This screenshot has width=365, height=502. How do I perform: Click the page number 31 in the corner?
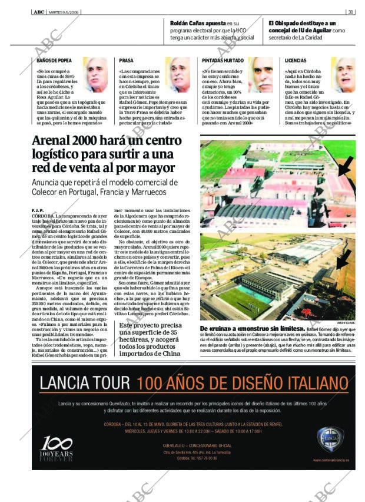(350, 11)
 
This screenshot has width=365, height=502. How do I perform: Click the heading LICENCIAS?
(296, 61)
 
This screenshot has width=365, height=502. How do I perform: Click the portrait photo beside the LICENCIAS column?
(343, 75)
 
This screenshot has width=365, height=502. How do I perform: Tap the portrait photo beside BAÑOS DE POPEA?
(94, 75)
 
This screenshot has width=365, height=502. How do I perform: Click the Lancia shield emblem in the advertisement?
(327, 440)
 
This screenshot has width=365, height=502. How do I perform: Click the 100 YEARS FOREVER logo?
(56, 449)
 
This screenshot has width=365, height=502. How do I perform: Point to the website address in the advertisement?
(330, 460)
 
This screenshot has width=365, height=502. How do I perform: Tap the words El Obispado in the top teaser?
(286, 22)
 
